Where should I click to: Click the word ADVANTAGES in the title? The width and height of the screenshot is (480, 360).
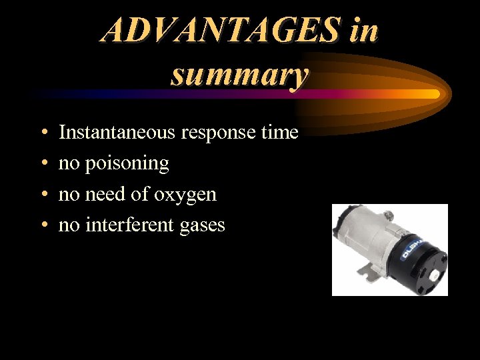pyautogui.click(x=220, y=30)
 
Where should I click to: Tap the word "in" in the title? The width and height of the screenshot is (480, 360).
pyautogui.click(x=363, y=30)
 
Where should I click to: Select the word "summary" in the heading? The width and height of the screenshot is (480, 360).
pyautogui.click(x=239, y=74)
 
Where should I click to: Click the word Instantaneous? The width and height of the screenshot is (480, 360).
pyautogui.click(x=117, y=133)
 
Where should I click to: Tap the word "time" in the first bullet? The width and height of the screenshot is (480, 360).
pyautogui.click(x=279, y=133)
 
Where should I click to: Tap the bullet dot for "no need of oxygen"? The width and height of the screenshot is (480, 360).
pyautogui.click(x=43, y=195)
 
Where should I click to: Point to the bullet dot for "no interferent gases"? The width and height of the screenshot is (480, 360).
pyautogui.click(x=43, y=225)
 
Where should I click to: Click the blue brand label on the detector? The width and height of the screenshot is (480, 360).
pyautogui.click(x=407, y=248)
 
